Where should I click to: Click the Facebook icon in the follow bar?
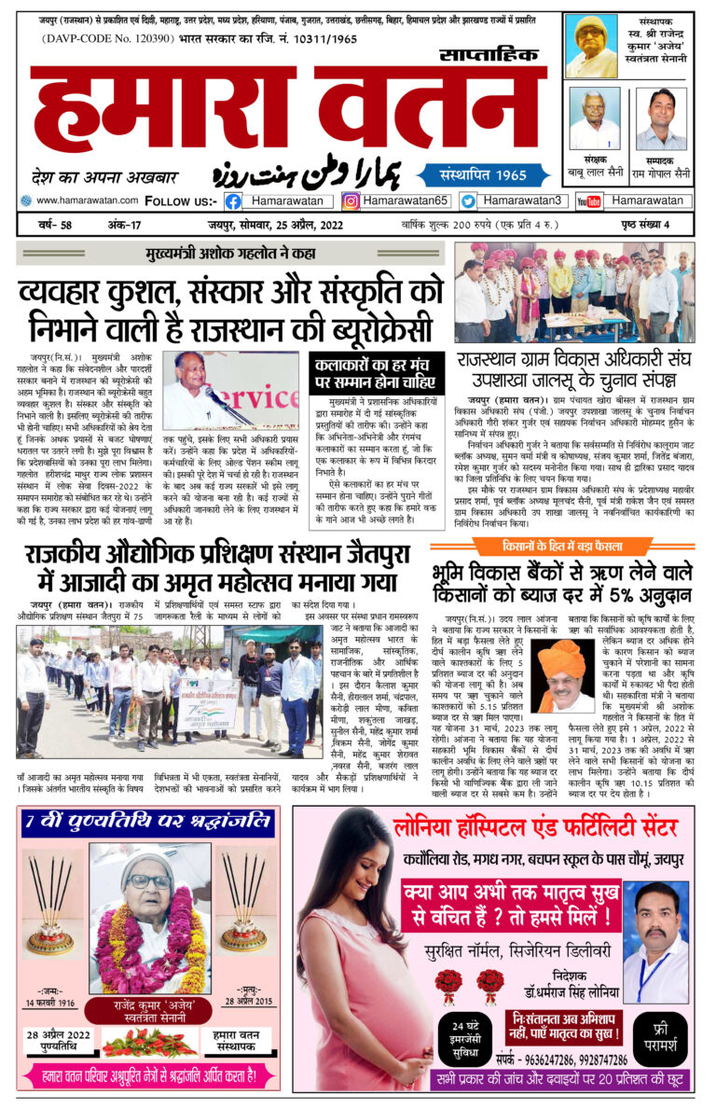(233, 201)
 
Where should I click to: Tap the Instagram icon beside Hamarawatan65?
(351, 201)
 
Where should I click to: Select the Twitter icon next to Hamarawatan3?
(468, 201)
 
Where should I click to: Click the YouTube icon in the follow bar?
(588, 201)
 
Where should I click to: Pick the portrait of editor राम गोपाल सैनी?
(663, 119)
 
